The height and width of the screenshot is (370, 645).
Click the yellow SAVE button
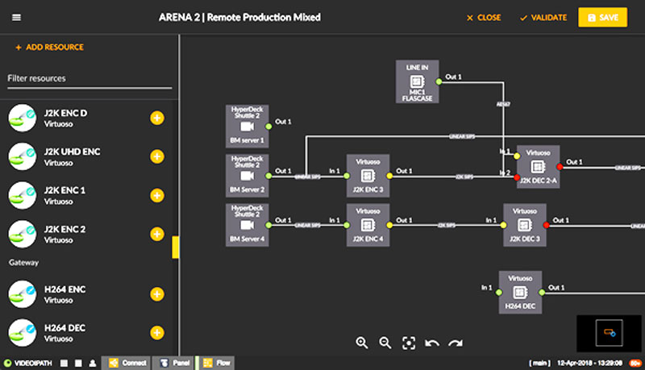[602, 18]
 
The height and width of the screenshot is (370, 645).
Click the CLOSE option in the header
[484, 18]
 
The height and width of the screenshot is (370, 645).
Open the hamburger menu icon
[17, 18]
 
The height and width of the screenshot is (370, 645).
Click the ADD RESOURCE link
[49, 48]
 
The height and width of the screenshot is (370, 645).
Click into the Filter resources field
[89, 78]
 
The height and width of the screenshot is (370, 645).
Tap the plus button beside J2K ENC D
[157, 118]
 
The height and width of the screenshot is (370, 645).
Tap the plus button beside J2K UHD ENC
[157, 157]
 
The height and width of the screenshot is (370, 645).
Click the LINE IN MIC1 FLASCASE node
[417, 81]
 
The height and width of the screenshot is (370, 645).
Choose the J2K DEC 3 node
[526, 225]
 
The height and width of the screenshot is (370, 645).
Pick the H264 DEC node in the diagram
[520, 292]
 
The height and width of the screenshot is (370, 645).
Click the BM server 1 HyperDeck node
[248, 126]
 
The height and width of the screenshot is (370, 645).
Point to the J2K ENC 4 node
[368, 225]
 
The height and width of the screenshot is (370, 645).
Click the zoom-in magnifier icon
[362, 343]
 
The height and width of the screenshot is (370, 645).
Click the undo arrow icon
[432, 343]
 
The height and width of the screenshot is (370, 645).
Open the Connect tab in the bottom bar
[128, 363]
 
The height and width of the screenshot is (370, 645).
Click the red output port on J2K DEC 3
[547, 225]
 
